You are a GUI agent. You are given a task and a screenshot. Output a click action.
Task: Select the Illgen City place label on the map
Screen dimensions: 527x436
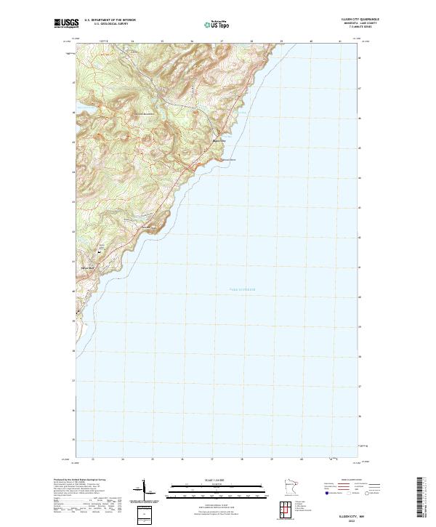coord(218,140)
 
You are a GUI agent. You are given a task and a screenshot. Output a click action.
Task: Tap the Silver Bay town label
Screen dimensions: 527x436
coord(88,268)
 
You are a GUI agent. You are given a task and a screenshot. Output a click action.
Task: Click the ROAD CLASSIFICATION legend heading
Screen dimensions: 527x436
coord(350,480)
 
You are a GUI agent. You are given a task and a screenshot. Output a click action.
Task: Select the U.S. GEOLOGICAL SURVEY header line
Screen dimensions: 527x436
coord(110,24)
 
